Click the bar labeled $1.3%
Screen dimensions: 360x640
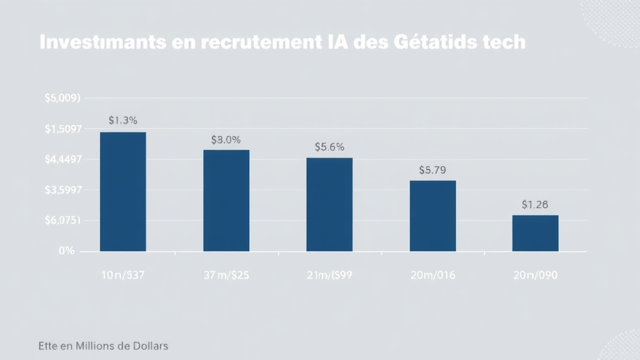(x=123, y=192)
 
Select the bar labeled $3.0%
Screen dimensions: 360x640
(x=226, y=201)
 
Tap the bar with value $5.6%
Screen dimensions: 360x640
(x=329, y=204)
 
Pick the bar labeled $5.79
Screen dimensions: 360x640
(x=432, y=216)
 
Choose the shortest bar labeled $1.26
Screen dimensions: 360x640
(x=535, y=233)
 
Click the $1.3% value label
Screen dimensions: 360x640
(x=122, y=121)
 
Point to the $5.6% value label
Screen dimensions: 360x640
(x=329, y=147)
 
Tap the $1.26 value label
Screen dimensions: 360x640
(x=535, y=204)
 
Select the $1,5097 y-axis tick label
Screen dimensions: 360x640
(x=63, y=129)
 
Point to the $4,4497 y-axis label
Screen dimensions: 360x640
(x=63, y=159)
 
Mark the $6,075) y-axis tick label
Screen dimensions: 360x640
(x=63, y=221)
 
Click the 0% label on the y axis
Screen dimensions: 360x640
(x=67, y=251)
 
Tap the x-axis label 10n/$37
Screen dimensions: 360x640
(x=122, y=276)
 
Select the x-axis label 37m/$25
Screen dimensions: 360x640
(x=226, y=276)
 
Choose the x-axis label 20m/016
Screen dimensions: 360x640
(x=432, y=276)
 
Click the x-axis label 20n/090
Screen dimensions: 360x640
(x=535, y=276)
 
